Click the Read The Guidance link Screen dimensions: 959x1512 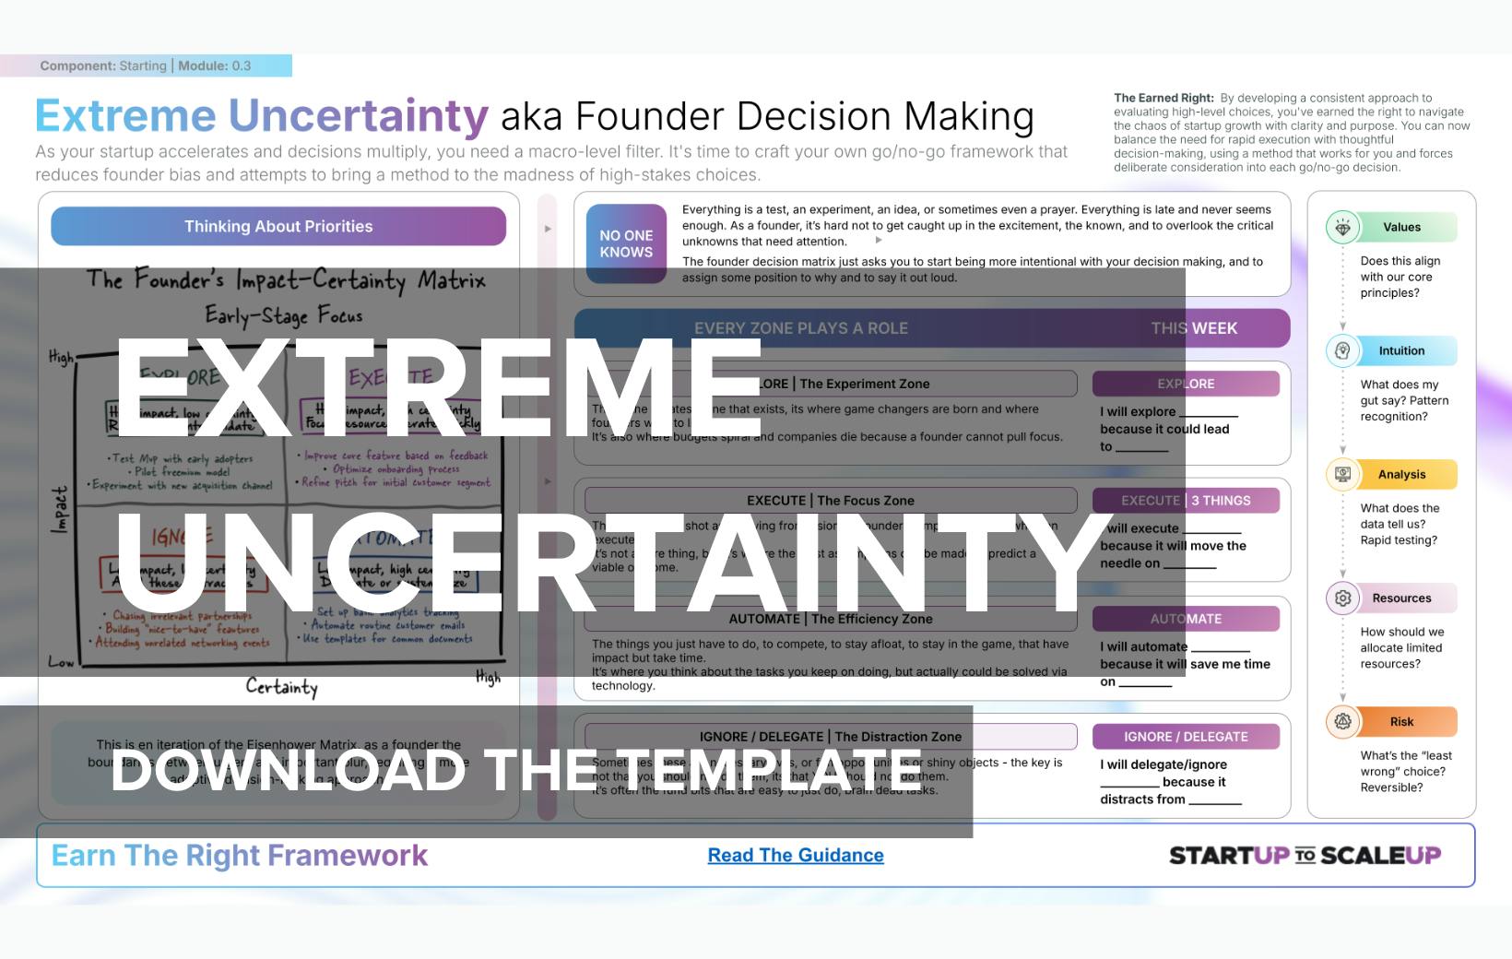[x=796, y=856]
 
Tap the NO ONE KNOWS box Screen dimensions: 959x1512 [x=626, y=244]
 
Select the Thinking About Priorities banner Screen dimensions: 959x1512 [x=278, y=227]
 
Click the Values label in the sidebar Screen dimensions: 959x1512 [x=1401, y=228]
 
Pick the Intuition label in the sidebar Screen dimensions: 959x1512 [x=1401, y=351]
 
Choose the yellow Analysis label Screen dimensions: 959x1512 [x=1401, y=475]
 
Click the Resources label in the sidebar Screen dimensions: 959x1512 [x=1401, y=598]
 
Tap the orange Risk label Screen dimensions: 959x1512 [x=1401, y=722]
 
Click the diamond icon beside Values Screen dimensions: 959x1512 [x=1343, y=228]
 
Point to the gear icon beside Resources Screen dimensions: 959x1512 [x=1343, y=598]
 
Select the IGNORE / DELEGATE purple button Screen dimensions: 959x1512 [x=1186, y=737]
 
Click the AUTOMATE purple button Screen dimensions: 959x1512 [x=1186, y=619]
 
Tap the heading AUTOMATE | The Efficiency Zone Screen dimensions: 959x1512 [x=831, y=619]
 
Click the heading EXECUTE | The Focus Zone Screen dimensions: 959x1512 [x=831, y=501]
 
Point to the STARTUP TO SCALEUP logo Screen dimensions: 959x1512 [x=1305, y=856]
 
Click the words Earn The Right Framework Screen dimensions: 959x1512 [x=240, y=856]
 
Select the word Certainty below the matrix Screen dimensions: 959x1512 [x=281, y=687]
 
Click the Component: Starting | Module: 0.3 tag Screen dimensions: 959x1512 [x=146, y=65]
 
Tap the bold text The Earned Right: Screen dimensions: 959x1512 [x=1164, y=98]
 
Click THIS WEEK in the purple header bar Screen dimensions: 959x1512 [x=1194, y=328]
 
